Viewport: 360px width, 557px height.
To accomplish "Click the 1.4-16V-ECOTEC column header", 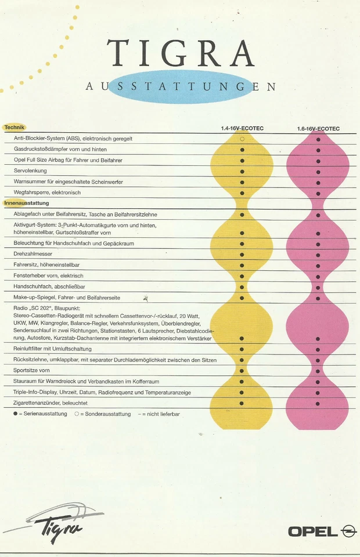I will pos(242,129).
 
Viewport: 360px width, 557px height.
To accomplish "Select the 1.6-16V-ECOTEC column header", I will pos(318,129).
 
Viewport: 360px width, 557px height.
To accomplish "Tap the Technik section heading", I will pos(15,128).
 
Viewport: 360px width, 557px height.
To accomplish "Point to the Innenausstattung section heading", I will pos(27,204).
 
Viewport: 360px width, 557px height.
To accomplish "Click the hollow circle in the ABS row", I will pos(242,139).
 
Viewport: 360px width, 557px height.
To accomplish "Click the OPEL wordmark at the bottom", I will pos(312,531).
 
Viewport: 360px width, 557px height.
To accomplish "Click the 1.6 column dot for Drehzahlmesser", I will pos(318,255).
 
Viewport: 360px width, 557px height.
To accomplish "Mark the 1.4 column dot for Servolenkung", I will pos(242,171).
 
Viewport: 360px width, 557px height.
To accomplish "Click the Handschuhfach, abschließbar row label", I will pos(50,287).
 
